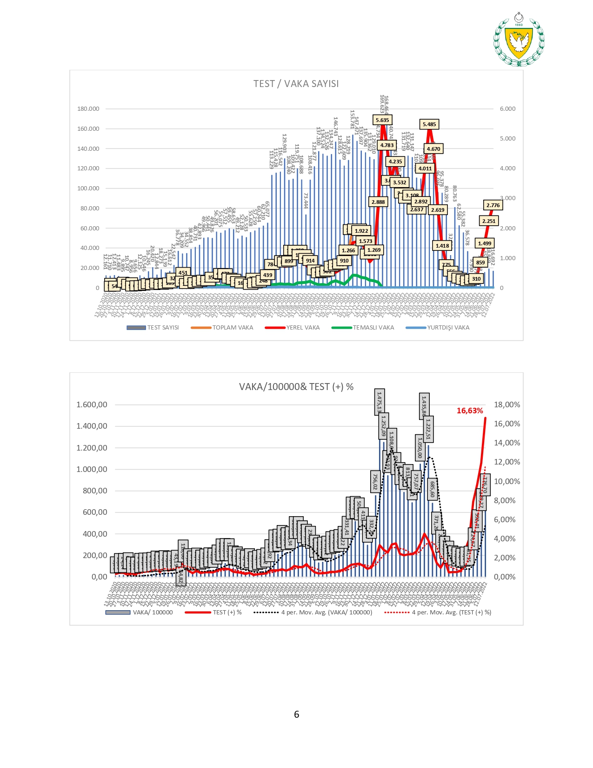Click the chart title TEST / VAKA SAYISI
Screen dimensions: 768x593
296,84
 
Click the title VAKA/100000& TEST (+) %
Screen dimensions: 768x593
296,387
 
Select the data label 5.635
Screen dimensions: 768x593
382,120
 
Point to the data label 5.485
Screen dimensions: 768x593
429,124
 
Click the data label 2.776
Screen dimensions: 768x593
493,205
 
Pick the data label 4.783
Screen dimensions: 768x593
387,145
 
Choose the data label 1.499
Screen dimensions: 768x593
485,243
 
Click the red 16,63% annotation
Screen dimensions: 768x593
470,411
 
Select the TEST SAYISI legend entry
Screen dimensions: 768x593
153,328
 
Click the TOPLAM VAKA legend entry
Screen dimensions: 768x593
222,328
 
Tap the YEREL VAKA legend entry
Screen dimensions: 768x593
293,328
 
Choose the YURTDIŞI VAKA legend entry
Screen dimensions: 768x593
438,328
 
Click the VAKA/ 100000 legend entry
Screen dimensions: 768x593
140,613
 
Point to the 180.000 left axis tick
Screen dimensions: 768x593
88,109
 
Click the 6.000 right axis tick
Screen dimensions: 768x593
507,109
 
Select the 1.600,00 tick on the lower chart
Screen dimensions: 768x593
92,405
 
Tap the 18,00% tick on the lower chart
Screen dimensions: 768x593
507,405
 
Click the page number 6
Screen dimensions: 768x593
296,714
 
